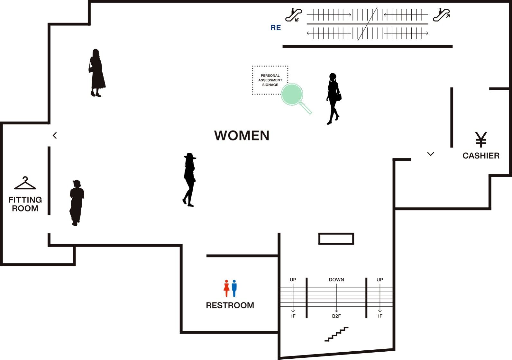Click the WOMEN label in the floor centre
(x=242, y=135)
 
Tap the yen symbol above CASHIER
(x=481, y=139)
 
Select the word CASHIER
(x=481, y=156)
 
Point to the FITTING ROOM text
(x=25, y=204)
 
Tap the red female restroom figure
(x=226, y=288)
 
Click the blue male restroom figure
(x=234, y=288)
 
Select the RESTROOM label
(x=230, y=305)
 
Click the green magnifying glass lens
(x=292, y=94)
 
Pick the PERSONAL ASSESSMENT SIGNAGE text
(x=270, y=80)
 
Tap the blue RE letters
(x=276, y=28)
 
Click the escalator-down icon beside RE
(x=294, y=15)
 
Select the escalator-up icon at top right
(x=442, y=15)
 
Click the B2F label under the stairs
(x=336, y=316)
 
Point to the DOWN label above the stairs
(x=336, y=280)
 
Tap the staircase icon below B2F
(x=336, y=334)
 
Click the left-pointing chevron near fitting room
(x=55, y=135)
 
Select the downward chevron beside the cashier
(x=431, y=154)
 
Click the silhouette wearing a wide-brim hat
(x=189, y=180)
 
